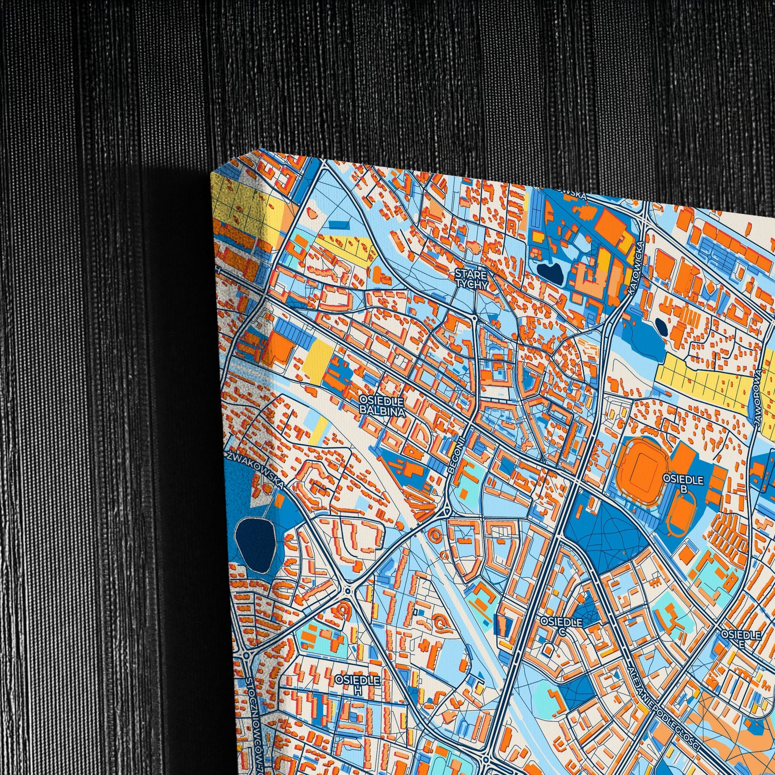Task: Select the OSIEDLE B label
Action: [683, 484]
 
